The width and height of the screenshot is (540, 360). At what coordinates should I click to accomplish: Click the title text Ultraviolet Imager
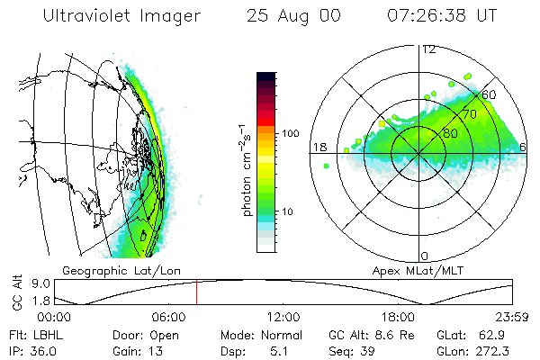click(x=115, y=15)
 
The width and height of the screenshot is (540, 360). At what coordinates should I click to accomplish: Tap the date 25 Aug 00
click(x=288, y=15)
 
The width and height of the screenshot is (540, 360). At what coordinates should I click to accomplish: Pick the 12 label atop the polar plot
click(x=428, y=49)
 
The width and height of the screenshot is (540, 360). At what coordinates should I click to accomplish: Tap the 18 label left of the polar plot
click(x=319, y=148)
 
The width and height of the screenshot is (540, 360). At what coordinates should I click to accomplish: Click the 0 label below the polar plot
click(x=425, y=256)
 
